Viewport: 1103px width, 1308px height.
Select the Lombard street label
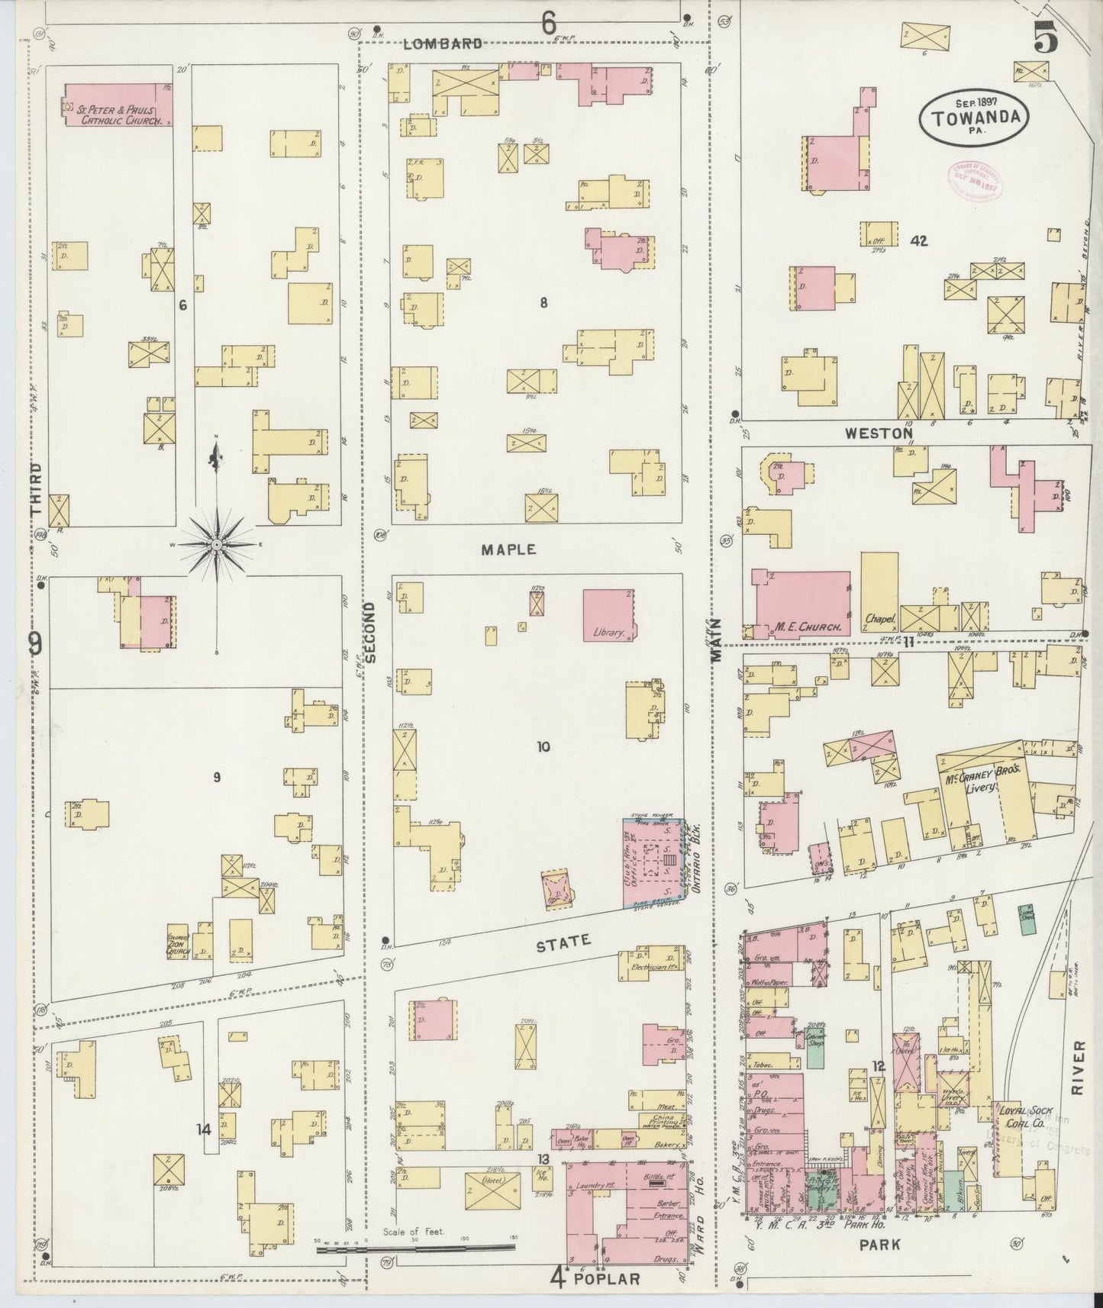click(x=443, y=43)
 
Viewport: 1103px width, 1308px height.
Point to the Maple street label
click(x=509, y=549)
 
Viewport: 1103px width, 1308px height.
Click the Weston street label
click(x=879, y=433)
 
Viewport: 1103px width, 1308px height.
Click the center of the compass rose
click(x=217, y=545)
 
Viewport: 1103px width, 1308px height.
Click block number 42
click(x=918, y=241)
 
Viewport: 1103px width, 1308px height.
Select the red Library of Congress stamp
click(x=974, y=180)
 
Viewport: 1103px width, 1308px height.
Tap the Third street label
click(x=36, y=489)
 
